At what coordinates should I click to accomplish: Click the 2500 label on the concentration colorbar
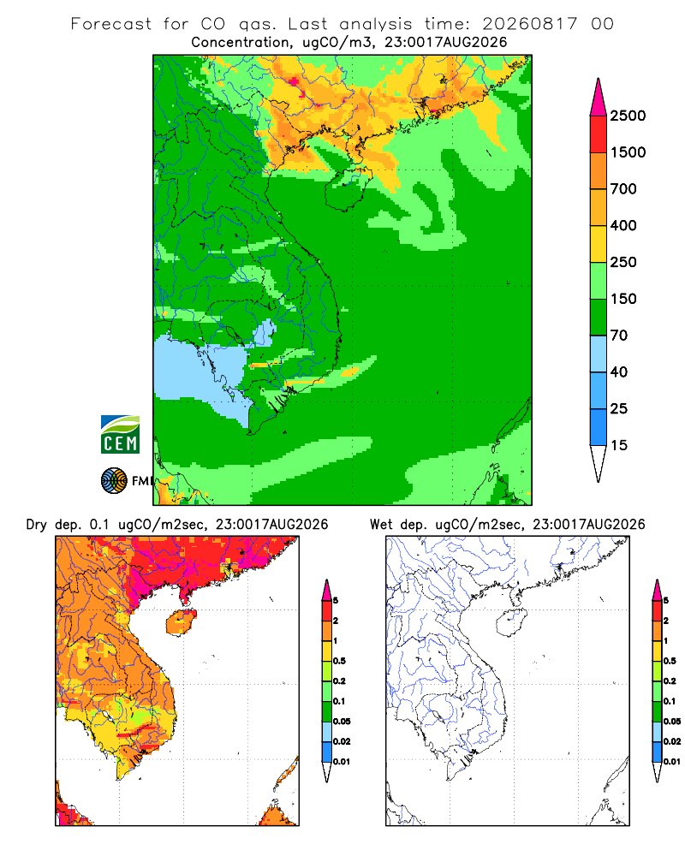click(x=628, y=116)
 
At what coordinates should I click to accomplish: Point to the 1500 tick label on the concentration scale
click(x=628, y=152)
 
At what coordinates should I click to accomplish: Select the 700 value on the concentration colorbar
click(x=623, y=189)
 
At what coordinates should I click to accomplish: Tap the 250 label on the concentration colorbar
click(x=623, y=262)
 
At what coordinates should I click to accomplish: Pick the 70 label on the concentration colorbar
click(x=619, y=336)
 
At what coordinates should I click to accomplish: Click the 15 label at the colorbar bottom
click(x=619, y=445)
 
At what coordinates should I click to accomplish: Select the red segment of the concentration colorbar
click(x=599, y=134)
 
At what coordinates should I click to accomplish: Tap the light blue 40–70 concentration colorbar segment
click(x=599, y=354)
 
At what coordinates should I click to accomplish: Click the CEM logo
click(x=120, y=435)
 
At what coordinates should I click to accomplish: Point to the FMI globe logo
click(x=114, y=480)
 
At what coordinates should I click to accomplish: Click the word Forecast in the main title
click(x=111, y=24)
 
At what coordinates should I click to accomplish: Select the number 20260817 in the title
click(x=529, y=24)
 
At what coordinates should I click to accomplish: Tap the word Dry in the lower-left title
click(x=37, y=525)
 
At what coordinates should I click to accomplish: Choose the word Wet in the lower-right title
click(x=381, y=525)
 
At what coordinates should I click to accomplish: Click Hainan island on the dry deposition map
click(x=181, y=622)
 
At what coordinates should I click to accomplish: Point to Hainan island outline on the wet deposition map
click(x=511, y=622)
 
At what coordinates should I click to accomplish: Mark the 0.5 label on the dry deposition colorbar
click(x=339, y=661)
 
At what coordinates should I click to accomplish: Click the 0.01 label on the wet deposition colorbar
click(x=672, y=762)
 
